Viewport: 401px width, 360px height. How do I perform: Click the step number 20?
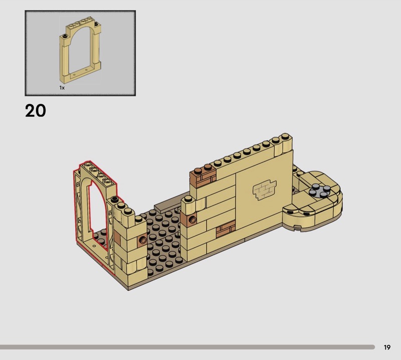click(36, 111)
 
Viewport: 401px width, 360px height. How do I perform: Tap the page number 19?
click(387, 347)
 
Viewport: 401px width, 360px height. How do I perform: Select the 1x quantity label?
click(62, 88)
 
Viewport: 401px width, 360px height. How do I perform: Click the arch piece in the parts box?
click(80, 50)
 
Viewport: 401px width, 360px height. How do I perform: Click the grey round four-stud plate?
click(319, 191)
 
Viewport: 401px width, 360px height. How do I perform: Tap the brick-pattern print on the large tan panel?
click(265, 190)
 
